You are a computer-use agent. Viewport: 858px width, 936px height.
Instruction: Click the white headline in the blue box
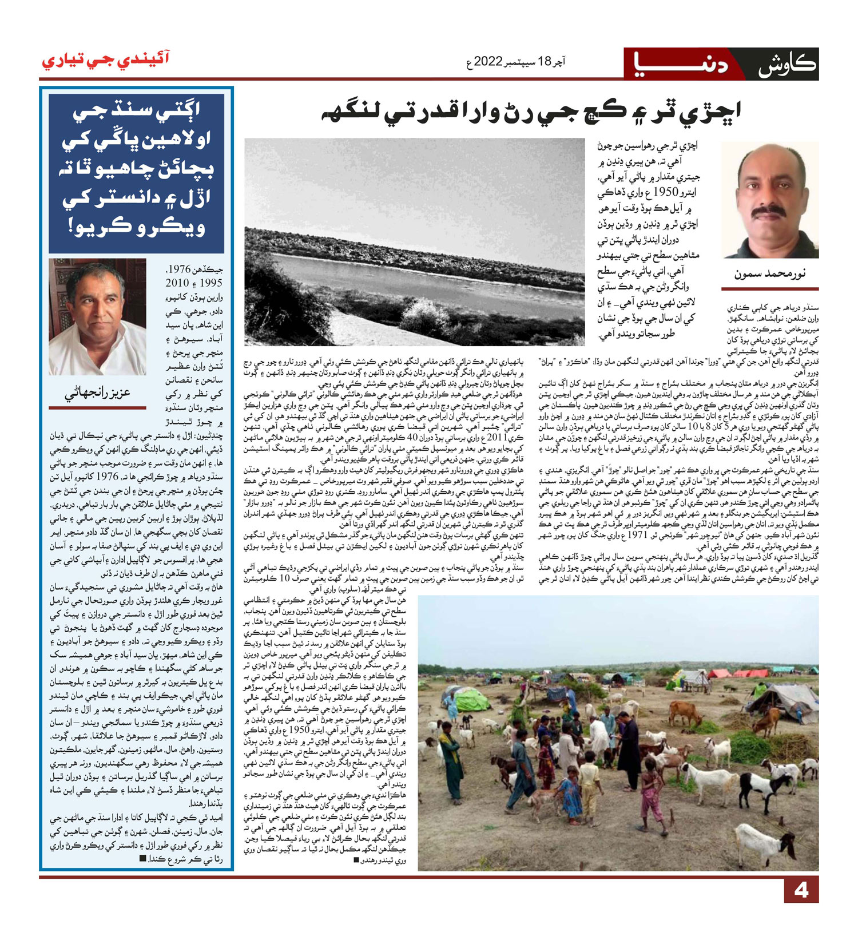pos(136,170)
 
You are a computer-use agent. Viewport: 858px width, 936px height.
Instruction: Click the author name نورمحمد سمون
pos(770,274)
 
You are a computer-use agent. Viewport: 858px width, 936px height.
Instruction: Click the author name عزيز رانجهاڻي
pos(97,392)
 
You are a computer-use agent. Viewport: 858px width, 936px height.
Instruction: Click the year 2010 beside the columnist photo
pos(177,283)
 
